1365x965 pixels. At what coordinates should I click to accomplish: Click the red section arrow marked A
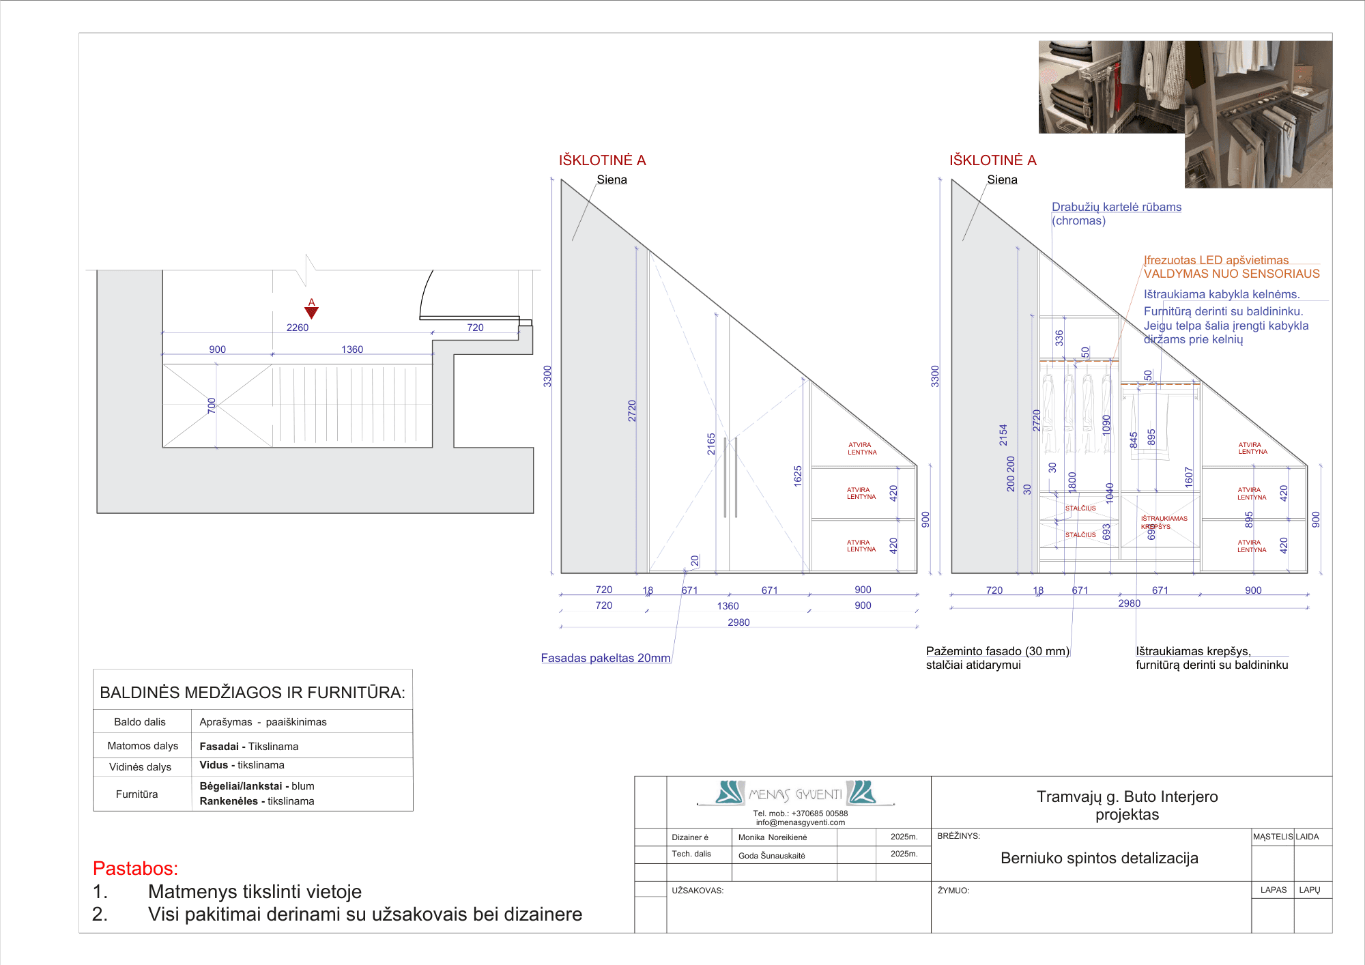point(311,312)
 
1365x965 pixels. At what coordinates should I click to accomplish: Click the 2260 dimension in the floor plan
point(298,328)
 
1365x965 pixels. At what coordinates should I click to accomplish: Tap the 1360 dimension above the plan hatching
point(352,349)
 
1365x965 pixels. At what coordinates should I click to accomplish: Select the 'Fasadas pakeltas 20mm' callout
point(605,658)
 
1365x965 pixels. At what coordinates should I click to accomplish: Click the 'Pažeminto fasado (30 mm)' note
point(997,651)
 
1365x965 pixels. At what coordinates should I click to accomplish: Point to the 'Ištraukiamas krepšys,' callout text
point(1193,651)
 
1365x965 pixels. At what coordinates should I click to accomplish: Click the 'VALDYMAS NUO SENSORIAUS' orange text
point(1231,274)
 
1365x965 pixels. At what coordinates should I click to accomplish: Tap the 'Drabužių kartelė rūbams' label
point(1116,207)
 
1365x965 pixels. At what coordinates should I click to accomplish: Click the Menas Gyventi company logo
point(796,793)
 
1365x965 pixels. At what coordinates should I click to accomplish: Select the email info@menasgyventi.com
point(800,822)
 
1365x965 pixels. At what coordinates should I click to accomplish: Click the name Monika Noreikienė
point(772,837)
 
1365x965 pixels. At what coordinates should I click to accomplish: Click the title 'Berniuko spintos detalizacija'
point(1099,858)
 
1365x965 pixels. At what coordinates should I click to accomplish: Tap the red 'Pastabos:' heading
point(135,868)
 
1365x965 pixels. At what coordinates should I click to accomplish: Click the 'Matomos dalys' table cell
point(143,746)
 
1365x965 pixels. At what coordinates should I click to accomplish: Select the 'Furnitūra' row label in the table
point(136,794)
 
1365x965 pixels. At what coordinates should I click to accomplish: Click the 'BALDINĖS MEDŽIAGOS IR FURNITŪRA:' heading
point(253,693)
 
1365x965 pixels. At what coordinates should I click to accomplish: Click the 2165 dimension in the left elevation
point(711,444)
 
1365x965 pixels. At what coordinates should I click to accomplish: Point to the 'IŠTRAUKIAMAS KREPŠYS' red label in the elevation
point(1164,522)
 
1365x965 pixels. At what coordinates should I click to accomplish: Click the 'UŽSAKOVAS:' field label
point(697,891)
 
